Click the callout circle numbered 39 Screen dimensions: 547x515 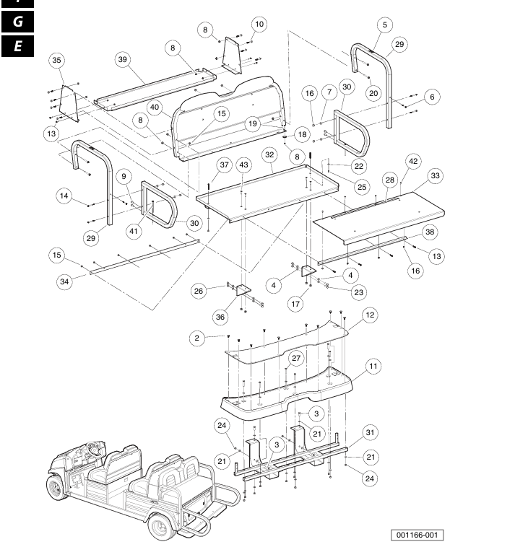pyautogui.click(x=123, y=59)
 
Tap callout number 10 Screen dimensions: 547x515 pyautogui.click(x=259, y=25)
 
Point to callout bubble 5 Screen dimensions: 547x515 pyautogui.click(x=384, y=25)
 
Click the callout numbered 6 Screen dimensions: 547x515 pyautogui.click(x=432, y=96)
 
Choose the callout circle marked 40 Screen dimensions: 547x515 pyautogui.click(x=154, y=107)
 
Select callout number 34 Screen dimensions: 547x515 pyautogui.click(x=65, y=281)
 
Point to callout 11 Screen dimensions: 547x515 pyautogui.click(x=373, y=367)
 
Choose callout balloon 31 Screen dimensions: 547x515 pyautogui.click(x=368, y=432)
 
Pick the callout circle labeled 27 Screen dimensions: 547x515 pyautogui.click(x=295, y=359)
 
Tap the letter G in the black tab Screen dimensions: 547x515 pyautogui.click(x=18, y=22)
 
